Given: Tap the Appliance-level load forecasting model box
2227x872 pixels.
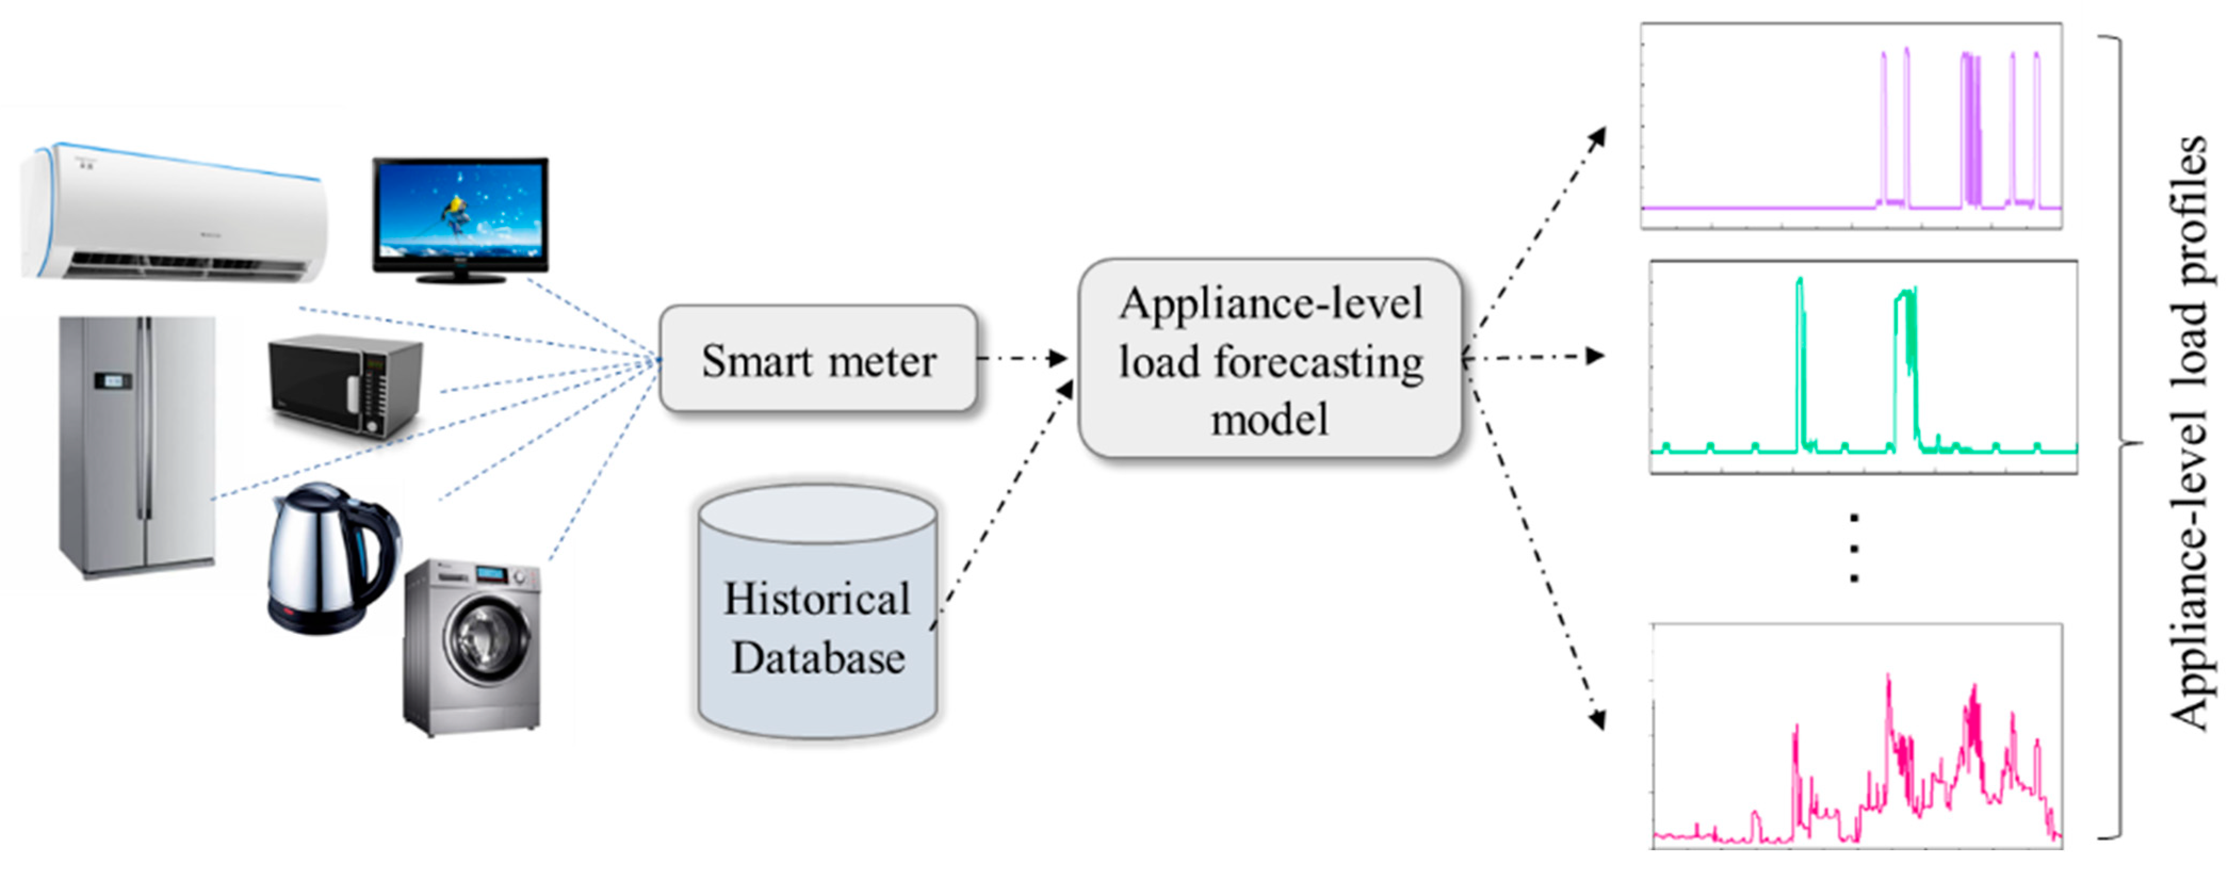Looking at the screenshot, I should coord(1269,358).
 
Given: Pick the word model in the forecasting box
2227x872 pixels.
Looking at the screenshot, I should coord(1269,420).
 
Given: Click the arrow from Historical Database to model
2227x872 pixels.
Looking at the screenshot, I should coord(1003,501).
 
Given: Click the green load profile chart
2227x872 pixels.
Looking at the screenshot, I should coord(1863,368).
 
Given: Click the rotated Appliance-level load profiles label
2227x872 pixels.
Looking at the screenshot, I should coord(2187,432).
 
